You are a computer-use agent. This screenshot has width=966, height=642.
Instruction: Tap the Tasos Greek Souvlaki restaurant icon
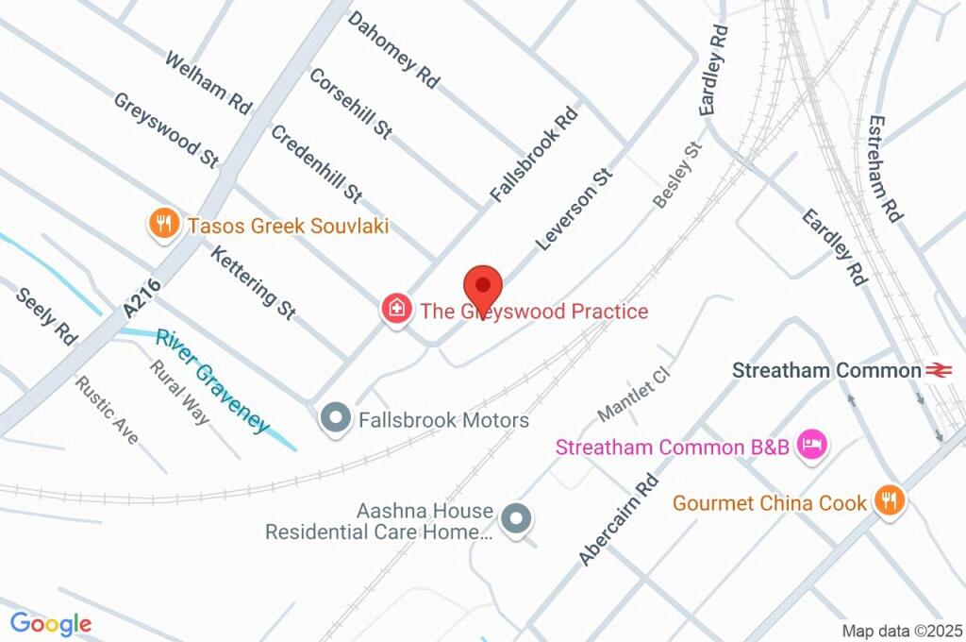tap(165, 224)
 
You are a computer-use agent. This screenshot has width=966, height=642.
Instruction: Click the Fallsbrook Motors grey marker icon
tap(333, 418)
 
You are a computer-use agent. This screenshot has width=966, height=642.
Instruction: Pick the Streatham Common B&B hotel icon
tap(810, 446)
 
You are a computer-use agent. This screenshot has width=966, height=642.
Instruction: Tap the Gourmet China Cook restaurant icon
tap(888, 500)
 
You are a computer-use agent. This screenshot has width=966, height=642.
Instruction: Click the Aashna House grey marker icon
tap(516, 519)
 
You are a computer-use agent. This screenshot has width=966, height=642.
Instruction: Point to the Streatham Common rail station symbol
tap(938, 370)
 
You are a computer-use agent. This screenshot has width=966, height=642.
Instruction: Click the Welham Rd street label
tap(208, 83)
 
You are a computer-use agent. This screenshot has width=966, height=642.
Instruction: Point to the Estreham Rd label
tap(886, 170)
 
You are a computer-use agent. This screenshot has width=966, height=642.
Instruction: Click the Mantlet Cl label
tap(633, 395)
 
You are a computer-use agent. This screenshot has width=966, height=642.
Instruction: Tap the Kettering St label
tap(253, 282)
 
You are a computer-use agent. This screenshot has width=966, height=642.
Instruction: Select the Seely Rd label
tap(46, 315)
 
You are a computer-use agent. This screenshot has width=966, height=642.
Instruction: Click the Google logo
tap(51, 623)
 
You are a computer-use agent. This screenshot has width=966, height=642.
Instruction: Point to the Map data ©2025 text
tap(902, 631)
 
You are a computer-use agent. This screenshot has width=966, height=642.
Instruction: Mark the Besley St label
tap(678, 175)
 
